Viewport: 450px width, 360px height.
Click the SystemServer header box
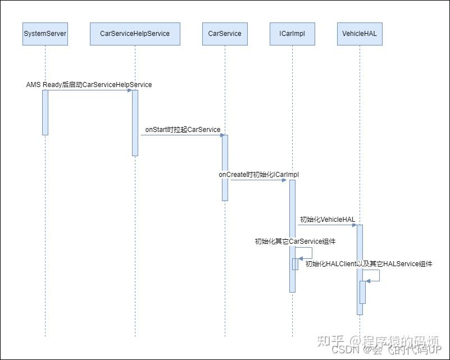(x=45, y=34)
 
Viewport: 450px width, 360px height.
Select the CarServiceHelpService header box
(x=135, y=34)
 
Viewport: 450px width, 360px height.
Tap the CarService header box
(x=225, y=34)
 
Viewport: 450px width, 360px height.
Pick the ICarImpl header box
(x=292, y=34)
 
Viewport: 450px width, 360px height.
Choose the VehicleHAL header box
(x=360, y=34)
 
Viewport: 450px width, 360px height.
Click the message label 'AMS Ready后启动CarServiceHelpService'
(x=89, y=85)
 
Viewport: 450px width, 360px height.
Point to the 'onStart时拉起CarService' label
(x=183, y=130)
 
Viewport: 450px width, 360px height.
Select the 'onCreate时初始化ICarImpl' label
(x=259, y=175)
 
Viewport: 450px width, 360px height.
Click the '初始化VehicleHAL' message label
(x=327, y=220)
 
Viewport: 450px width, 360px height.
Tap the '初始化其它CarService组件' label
(x=295, y=241)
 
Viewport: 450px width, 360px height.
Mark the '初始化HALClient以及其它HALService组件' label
(x=369, y=264)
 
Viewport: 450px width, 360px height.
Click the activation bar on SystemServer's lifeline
(x=45, y=112)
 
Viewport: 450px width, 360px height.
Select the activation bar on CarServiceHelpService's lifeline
(x=135, y=122)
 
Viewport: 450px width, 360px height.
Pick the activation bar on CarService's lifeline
(x=225, y=167)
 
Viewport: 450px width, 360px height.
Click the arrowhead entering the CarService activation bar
(x=220, y=135)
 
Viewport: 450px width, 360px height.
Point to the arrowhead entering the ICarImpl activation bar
(x=287, y=180)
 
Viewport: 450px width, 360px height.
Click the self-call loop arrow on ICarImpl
(x=311, y=253)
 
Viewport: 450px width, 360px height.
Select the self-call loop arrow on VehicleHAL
(x=379, y=276)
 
